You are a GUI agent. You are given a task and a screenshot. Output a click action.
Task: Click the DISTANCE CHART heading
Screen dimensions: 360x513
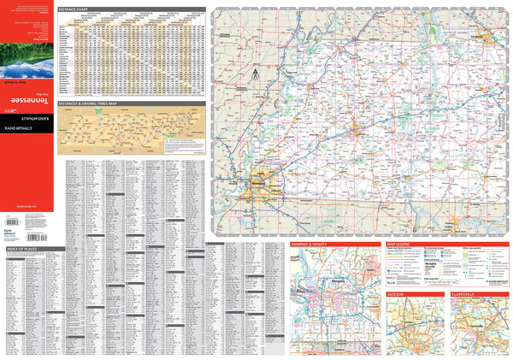pyautogui.click(x=74, y=10)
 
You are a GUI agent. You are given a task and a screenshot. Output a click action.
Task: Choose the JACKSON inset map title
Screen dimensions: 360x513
pyautogui.click(x=396, y=293)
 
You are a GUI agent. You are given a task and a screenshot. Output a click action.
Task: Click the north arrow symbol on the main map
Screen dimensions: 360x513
pyautogui.click(x=242, y=74)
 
